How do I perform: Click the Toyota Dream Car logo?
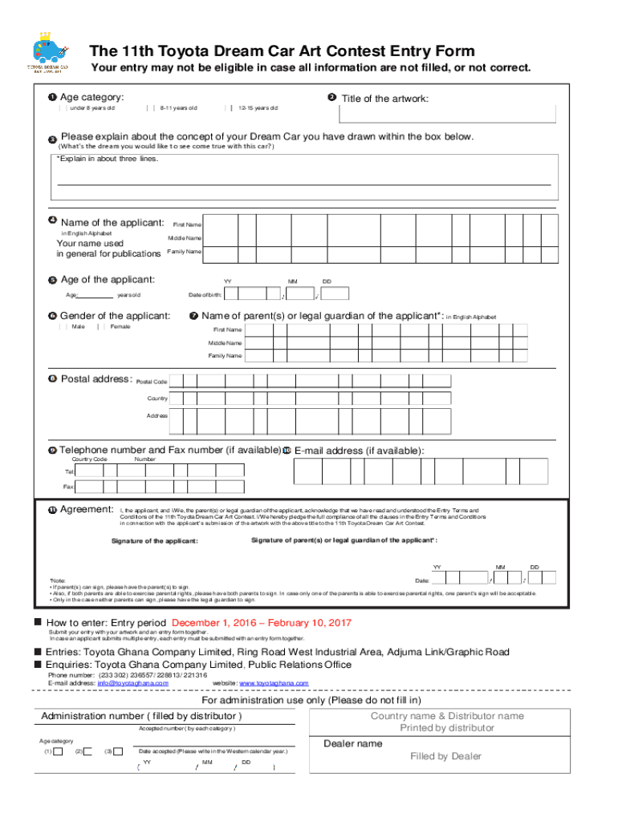pyautogui.click(x=47, y=53)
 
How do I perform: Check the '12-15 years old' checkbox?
pyautogui.click(x=230, y=107)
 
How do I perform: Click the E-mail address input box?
pyautogui.click(x=421, y=471)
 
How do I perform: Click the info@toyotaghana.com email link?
pyautogui.click(x=123, y=683)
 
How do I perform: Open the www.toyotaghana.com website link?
pyautogui.click(x=274, y=683)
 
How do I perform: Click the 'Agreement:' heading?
pyautogui.click(x=87, y=510)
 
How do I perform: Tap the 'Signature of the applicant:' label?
pyautogui.click(x=154, y=541)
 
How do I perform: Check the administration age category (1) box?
pyautogui.click(x=58, y=751)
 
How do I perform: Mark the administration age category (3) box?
pyautogui.click(x=118, y=751)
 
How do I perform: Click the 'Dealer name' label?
pyautogui.click(x=352, y=744)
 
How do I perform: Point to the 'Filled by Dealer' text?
pyautogui.click(x=445, y=756)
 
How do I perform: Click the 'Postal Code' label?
pyautogui.click(x=152, y=382)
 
